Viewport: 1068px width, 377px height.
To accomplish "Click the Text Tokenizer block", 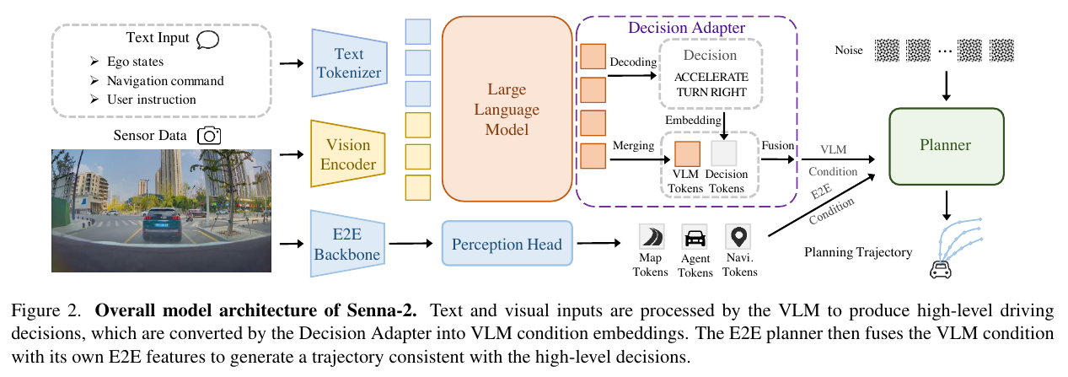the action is [349, 63].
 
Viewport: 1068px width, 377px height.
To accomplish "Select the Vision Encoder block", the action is [348, 153].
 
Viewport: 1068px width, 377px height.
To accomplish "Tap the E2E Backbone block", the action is [347, 244].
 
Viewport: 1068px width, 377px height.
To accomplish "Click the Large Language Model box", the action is [507, 109].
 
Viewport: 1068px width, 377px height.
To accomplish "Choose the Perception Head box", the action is [507, 244].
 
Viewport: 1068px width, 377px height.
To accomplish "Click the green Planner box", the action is [947, 146].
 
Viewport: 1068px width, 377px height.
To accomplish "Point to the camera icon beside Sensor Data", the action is [209, 136].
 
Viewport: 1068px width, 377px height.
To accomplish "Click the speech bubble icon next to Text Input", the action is [208, 40].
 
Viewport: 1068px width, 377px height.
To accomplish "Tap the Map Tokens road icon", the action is [652, 237].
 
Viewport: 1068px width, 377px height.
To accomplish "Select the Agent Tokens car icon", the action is [695, 237].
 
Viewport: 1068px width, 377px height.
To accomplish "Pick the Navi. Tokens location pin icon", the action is [738, 237].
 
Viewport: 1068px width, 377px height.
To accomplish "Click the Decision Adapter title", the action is [686, 28].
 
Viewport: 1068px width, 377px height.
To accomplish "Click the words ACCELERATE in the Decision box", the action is [711, 77].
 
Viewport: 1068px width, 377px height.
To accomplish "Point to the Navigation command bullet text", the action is [165, 81].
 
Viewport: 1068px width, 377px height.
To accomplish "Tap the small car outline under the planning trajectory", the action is [940, 270].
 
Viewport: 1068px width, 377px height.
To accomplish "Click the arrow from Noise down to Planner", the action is [947, 86].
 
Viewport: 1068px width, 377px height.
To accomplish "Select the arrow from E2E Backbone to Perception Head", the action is [411, 244].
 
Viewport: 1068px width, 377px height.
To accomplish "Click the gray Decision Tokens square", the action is [724, 153].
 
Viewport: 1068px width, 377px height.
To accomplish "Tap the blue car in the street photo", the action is [162, 224].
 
